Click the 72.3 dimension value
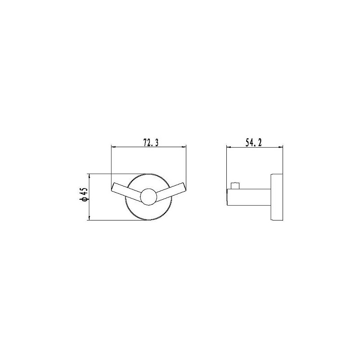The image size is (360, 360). click(x=151, y=143)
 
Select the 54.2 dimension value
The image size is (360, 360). click(x=254, y=143)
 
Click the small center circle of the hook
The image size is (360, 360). click(x=148, y=197)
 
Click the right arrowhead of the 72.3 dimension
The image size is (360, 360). click(x=184, y=147)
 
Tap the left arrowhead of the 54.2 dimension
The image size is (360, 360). click(x=229, y=147)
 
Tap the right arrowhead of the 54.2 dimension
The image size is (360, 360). click(x=280, y=147)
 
